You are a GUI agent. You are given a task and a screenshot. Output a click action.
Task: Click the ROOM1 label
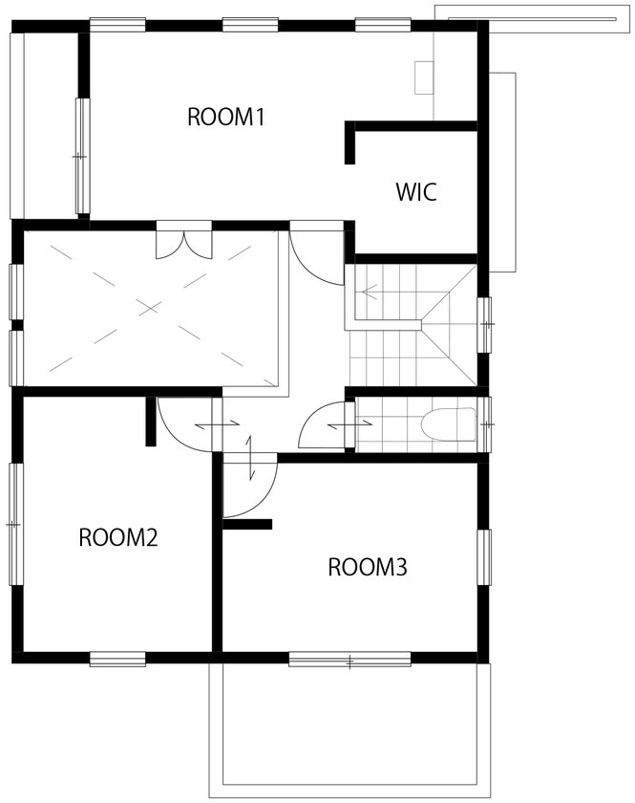pos(225,118)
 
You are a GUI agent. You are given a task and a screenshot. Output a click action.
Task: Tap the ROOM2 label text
pos(117,536)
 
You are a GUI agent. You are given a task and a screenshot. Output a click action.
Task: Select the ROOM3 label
pos(368,567)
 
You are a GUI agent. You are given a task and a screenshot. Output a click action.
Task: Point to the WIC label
pos(416,191)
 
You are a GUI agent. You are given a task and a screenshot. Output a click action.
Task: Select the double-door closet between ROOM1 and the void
pos(184,242)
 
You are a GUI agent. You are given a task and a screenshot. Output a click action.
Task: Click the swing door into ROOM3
pos(248,489)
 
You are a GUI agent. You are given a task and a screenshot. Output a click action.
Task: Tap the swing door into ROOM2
pos(184,423)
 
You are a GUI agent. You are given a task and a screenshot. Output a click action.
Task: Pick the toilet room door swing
pos(323,427)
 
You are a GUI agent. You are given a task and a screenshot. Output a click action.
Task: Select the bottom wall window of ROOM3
pos(349,659)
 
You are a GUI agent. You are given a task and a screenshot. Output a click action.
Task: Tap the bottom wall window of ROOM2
pos(117,659)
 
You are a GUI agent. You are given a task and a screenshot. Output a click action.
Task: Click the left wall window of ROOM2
pos(14,524)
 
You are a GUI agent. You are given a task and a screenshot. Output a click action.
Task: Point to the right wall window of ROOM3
pos(484,556)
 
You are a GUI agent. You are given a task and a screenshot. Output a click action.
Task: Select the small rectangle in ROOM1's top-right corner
pos(424,77)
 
